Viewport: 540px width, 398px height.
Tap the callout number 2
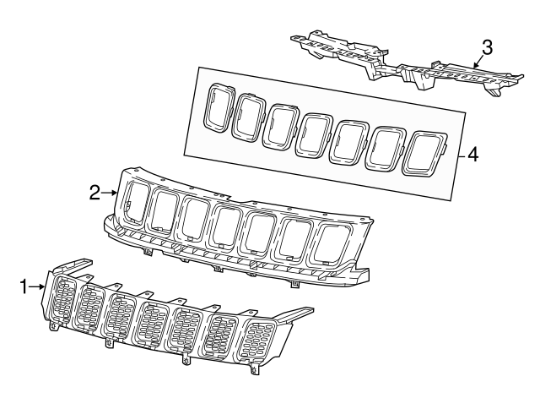[x=95, y=193]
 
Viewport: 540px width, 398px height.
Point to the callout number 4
[x=473, y=155]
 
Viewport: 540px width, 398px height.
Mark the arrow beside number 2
[x=111, y=193]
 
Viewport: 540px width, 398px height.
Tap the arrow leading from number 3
[x=478, y=59]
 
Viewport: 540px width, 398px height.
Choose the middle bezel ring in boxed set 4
[x=316, y=133]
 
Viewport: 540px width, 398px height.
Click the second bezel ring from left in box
[x=250, y=117]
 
